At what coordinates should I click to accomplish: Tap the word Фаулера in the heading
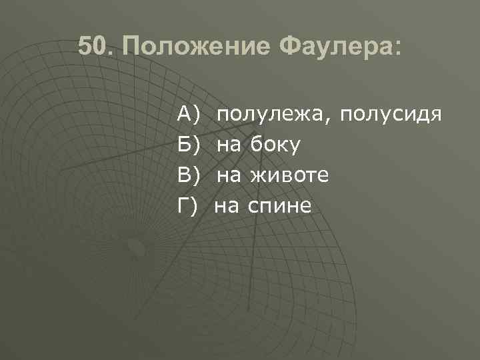(333, 47)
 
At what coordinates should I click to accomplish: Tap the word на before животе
(231, 175)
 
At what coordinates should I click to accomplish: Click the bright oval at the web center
(137, 247)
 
